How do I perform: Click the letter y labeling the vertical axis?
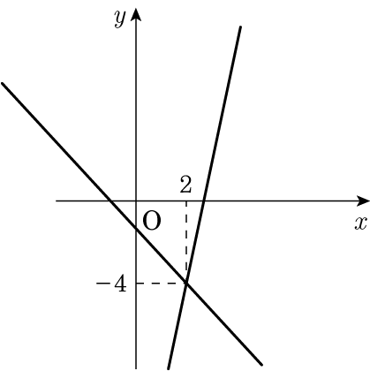[x=120, y=19]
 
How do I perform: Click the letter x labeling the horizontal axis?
[x=361, y=223]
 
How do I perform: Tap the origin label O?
[x=152, y=221]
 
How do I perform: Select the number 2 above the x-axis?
[x=185, y=185]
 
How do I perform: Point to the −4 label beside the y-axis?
[x=111, y=284]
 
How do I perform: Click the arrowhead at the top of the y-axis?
[x=136, y=15]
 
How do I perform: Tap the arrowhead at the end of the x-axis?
[x=363, y=201]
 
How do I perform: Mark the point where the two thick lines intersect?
[x=186, y=283]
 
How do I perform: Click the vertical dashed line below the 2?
[x=186, y=242]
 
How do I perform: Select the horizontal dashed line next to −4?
[x=161, y=284]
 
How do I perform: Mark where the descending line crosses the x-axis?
[x=109, y=201]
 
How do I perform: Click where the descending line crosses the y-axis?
[x=136, y=229]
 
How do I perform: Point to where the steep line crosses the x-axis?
[x=204, y=201]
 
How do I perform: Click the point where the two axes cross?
[x=136, y=201]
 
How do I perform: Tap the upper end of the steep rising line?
[x=241, y=27]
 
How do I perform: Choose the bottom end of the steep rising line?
[x=169, y=368]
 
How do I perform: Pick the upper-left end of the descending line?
[x=3, y=84]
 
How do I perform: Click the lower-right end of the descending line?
[x=261, y=365]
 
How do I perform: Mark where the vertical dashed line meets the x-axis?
[x=186, y=201]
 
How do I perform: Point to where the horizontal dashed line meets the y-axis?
[x=136, y=284]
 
